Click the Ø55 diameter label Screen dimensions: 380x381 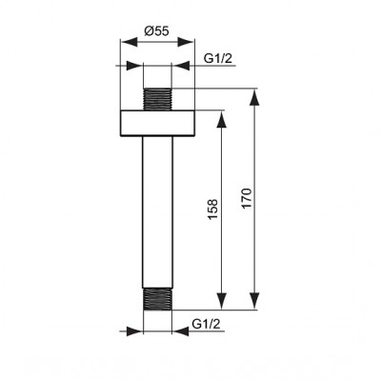(x=156, y=30)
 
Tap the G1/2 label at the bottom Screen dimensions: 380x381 (x=207, y=325)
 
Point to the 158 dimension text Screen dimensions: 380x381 (x=212, y=207)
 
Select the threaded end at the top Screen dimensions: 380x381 (x=158, y=98)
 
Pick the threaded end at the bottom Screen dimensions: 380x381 (x=158, y=298)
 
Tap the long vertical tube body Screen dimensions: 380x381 (x=158, y=210)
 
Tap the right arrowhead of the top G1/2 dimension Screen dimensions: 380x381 (x=178, y=67)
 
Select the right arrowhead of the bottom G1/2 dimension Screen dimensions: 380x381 (x=178, y=333)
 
